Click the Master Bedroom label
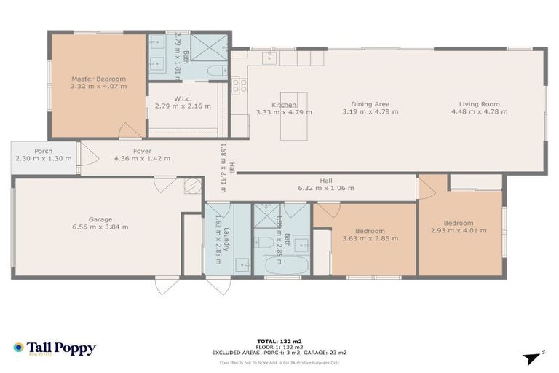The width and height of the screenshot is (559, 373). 98,79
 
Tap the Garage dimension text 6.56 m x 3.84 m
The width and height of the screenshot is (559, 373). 100,227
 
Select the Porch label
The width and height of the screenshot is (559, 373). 43,152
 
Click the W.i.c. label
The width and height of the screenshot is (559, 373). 182,98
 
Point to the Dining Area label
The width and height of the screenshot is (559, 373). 370,104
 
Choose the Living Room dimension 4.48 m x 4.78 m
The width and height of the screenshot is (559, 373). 479,112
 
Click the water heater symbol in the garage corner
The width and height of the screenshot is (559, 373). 192,186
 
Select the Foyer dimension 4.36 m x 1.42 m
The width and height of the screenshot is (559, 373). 143,158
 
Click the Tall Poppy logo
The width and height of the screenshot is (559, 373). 54,348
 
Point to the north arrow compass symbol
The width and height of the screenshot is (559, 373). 534,357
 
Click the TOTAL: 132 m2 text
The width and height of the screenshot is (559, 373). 279,341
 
